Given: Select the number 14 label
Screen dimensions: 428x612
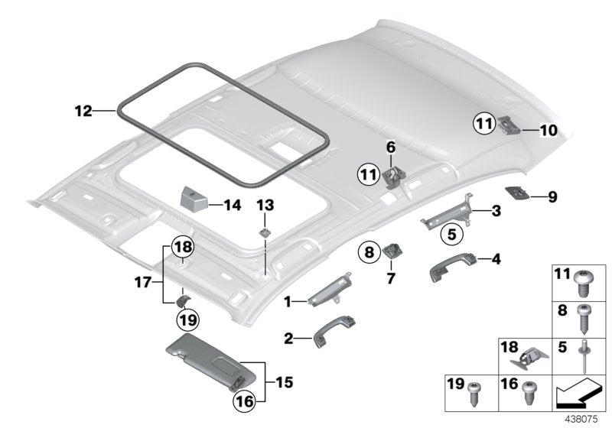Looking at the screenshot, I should [x=233, y=204].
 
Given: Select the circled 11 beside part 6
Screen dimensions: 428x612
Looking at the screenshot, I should [x=369, y=176].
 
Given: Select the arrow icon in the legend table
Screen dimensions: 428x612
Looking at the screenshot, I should [x=578, y=395].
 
